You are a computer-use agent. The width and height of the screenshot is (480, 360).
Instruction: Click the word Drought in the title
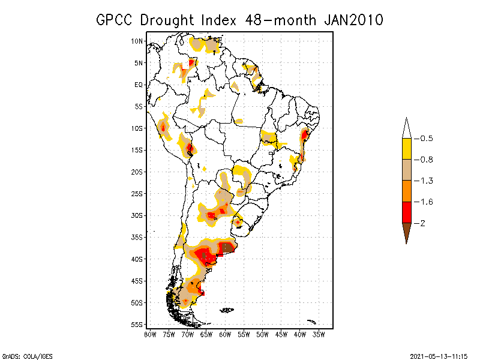(169, 20)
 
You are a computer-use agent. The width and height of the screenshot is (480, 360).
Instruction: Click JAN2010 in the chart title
(353, 20)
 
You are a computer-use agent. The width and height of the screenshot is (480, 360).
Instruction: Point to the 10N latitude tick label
(137, 41)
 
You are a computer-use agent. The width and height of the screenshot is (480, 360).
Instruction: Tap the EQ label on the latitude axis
(139, 85)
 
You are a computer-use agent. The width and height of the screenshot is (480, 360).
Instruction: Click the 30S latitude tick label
(137, 215)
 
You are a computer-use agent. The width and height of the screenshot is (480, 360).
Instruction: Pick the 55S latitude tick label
(137, 325)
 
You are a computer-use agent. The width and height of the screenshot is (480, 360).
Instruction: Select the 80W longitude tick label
(150, 334)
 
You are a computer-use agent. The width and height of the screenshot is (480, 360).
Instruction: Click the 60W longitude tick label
(225, 334)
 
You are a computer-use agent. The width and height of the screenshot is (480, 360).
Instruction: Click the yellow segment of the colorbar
(406, 149)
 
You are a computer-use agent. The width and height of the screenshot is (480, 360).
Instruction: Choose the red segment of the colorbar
(406, 212)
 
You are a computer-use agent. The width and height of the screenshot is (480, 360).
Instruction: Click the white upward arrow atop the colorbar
(406, 128)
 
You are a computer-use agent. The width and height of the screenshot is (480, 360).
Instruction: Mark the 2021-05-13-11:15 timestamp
(439, 355)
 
